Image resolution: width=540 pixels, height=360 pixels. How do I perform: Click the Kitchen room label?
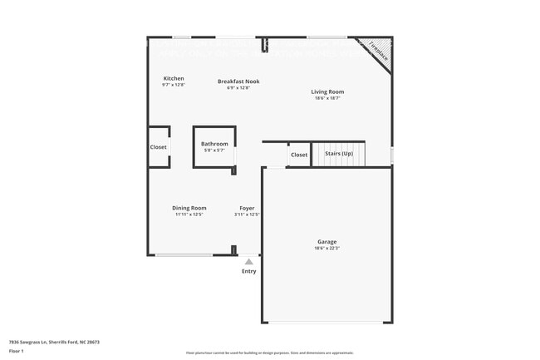pyautogui.click(x=173, y=78)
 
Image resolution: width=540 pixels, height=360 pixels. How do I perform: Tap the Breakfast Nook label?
pyautogui.click(x=238, y=81)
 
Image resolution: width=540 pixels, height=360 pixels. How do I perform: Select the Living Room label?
pyautogui.click(x=327, y=91)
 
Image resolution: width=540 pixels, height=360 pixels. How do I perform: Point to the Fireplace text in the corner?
pyautogui.click(x=378, y=51)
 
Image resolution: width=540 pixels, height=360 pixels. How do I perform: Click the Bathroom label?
pyautogui.click(x=214, y=144)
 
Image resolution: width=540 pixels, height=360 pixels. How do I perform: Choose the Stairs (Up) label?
pyautogui.click(x=338, y=154)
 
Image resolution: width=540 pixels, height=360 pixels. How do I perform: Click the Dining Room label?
pyautogui.click(x=189, y=208)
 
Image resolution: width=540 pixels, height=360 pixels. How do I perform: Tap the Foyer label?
pyautogui.click(x=247, y=208)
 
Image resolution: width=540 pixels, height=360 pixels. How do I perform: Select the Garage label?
pyautogui.click(x=326, y=242)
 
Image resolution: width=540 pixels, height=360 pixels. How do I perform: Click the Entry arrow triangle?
pyautogui.click(x=248, y=262)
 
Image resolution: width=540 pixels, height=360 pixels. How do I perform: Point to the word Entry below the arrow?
pyautogui.click(x=249, y=271)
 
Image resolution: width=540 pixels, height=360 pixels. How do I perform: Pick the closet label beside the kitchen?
pyautogui.click(x=158, y=147)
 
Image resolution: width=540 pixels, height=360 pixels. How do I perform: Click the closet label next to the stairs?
pyautogui.click(x=299, y=155)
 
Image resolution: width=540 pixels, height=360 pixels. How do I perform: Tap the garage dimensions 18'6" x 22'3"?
pyautogui.click(x=326, y=249)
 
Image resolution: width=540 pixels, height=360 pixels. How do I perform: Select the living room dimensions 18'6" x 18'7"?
pyautogui.click(x=327, y=98)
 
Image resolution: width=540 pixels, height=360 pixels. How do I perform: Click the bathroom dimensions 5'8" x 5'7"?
pyautogui.click(x=214, y=150)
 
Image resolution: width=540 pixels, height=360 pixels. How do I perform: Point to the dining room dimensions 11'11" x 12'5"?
pyautogui.click(x=189, y=215)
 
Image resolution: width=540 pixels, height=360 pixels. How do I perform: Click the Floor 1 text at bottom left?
pyautogui.click(x=16, y=351)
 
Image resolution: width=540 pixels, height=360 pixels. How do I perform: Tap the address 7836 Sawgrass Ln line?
pyautogui.click(x=54, y=342)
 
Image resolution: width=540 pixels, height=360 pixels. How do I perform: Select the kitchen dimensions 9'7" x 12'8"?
pyautogui.click(x=173, y=85)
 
